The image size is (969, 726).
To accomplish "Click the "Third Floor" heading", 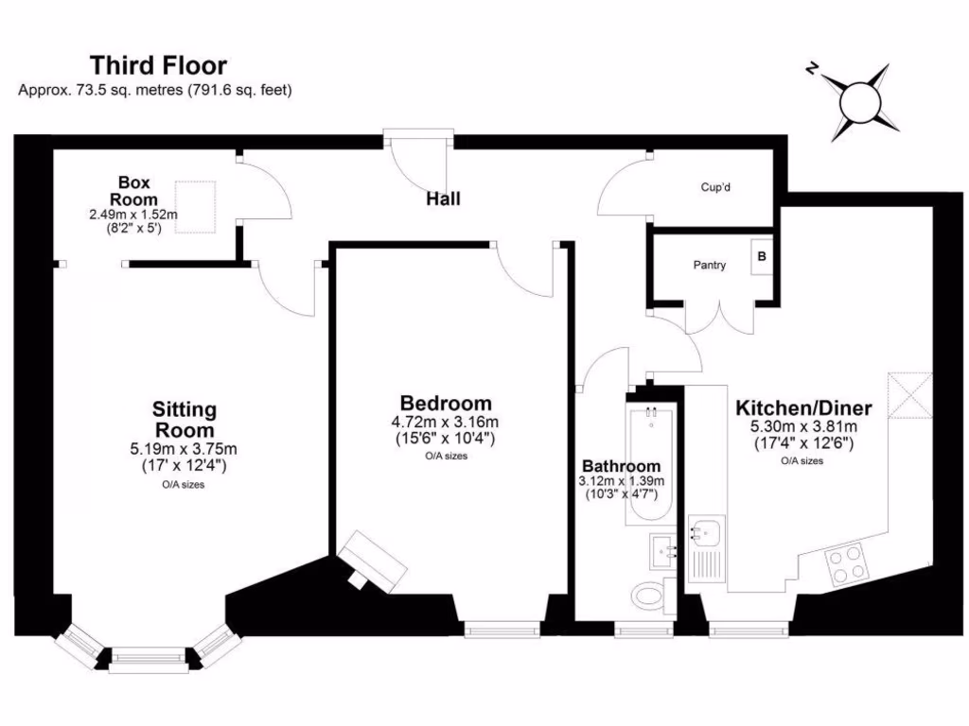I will point(158,65).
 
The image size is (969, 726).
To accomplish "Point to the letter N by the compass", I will point(811,67).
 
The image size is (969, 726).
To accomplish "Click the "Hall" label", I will point(443,199).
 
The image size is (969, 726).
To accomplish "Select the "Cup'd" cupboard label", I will point(715,187).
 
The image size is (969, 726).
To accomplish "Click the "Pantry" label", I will point(709,266).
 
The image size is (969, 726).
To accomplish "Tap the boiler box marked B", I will point(763,257).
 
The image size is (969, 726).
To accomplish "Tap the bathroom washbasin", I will point(661,548).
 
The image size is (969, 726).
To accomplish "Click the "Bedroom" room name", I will point(445,404).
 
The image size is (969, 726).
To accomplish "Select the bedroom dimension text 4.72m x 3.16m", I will point(445,422).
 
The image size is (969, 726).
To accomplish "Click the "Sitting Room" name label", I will point(185,420).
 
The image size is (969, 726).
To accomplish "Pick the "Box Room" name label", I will point(133,190).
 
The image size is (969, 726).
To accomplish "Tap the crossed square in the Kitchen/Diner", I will point(910,394).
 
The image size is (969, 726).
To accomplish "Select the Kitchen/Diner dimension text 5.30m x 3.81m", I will point(803,426).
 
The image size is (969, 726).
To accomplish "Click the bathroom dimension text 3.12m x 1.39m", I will point(621,481).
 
